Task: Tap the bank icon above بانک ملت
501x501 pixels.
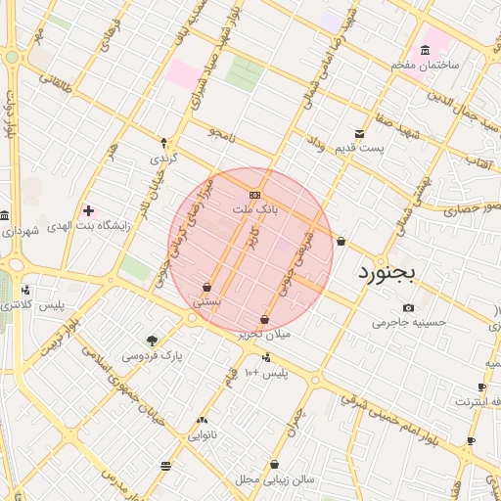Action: [x=255, y=195]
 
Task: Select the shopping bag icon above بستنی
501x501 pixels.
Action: [x=206, y=288]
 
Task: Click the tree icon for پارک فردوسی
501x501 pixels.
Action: [x=152, y=341]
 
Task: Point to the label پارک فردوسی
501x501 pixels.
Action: [x=152, y=356]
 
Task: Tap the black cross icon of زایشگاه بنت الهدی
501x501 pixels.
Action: [x=89, y=209]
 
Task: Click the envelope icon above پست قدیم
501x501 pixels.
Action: [x=360, y=134]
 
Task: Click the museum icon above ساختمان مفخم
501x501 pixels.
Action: [x=425, y=51]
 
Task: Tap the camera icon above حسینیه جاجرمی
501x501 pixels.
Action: [x=408, y=308]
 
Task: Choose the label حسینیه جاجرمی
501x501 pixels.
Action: [x=408, y=322]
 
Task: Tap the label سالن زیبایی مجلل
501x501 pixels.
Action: [x=274, y=479]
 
